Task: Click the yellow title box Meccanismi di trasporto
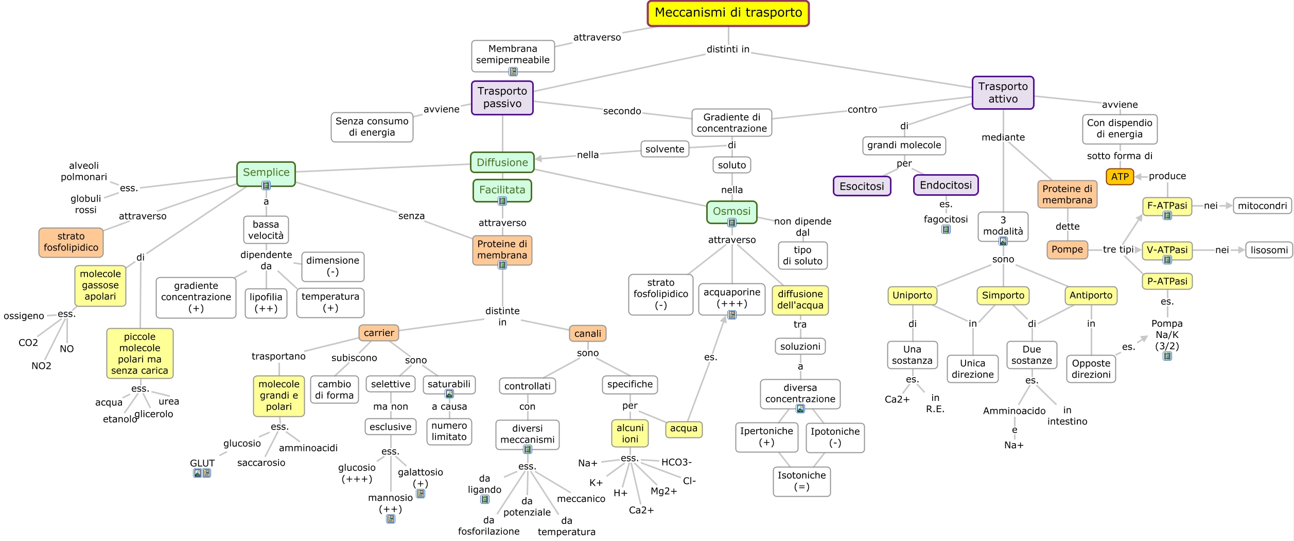coord(728,13)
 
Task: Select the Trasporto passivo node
coord(502,97)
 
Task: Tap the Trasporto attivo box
coord(1003,93)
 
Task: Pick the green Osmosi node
coord(731,211)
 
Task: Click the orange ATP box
coord(1120,177)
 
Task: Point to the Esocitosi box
coord(862,186)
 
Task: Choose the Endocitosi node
coord(946,185)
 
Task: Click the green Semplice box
coord(266,173)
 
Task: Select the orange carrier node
coord(378,333)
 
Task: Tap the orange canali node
coord(587,333)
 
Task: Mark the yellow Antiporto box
coord(1091,295)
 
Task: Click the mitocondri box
coord(1262,206)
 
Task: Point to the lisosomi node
coord(1269,250)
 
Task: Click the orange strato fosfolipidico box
coord(71,242)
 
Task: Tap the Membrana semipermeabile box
coord(513,55)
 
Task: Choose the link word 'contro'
coord(862,110)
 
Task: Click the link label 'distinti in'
coord(728,49)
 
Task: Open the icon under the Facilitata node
coord(502,201)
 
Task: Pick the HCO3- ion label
coord(676,462)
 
